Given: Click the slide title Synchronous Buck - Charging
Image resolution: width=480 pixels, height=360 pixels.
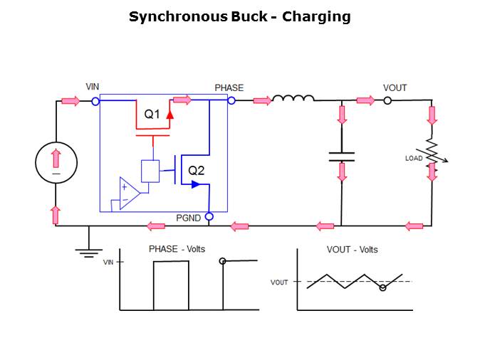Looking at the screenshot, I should [239, 16].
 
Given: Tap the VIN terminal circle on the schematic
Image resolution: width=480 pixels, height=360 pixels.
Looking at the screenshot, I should [95, 101].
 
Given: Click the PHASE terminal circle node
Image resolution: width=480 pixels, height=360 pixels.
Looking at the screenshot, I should [231, 101].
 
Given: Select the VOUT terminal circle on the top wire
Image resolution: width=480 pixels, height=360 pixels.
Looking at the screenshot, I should [387, 101].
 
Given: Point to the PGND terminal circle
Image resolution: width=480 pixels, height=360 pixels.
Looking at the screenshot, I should [209, 216].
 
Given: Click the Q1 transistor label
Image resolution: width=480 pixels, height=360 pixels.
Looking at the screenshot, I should [152, 114].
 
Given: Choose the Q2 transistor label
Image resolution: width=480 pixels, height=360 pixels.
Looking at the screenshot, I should [197, 170].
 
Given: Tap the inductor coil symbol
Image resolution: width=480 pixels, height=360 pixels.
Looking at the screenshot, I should [293, 100].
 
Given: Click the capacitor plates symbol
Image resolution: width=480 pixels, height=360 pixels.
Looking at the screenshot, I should [342, 157].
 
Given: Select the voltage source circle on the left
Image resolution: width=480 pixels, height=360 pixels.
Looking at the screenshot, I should [56, 163].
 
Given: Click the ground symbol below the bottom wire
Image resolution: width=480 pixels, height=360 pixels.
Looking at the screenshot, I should [88, 250].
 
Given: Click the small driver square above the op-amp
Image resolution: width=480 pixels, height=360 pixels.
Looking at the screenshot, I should [150, 171].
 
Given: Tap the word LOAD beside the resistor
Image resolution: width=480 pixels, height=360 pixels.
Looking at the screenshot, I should [414, 158].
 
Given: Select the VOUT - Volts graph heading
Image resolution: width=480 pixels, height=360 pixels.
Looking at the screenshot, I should [352, 250].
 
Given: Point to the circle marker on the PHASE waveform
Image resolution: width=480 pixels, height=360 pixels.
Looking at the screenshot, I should [223, 262].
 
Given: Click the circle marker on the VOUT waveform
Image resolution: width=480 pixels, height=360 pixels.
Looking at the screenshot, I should [382, 288].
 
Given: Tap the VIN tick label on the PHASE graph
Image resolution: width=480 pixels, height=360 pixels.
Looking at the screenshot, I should [108, 263].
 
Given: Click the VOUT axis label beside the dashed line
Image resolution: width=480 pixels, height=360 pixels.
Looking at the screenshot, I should [279, 282].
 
